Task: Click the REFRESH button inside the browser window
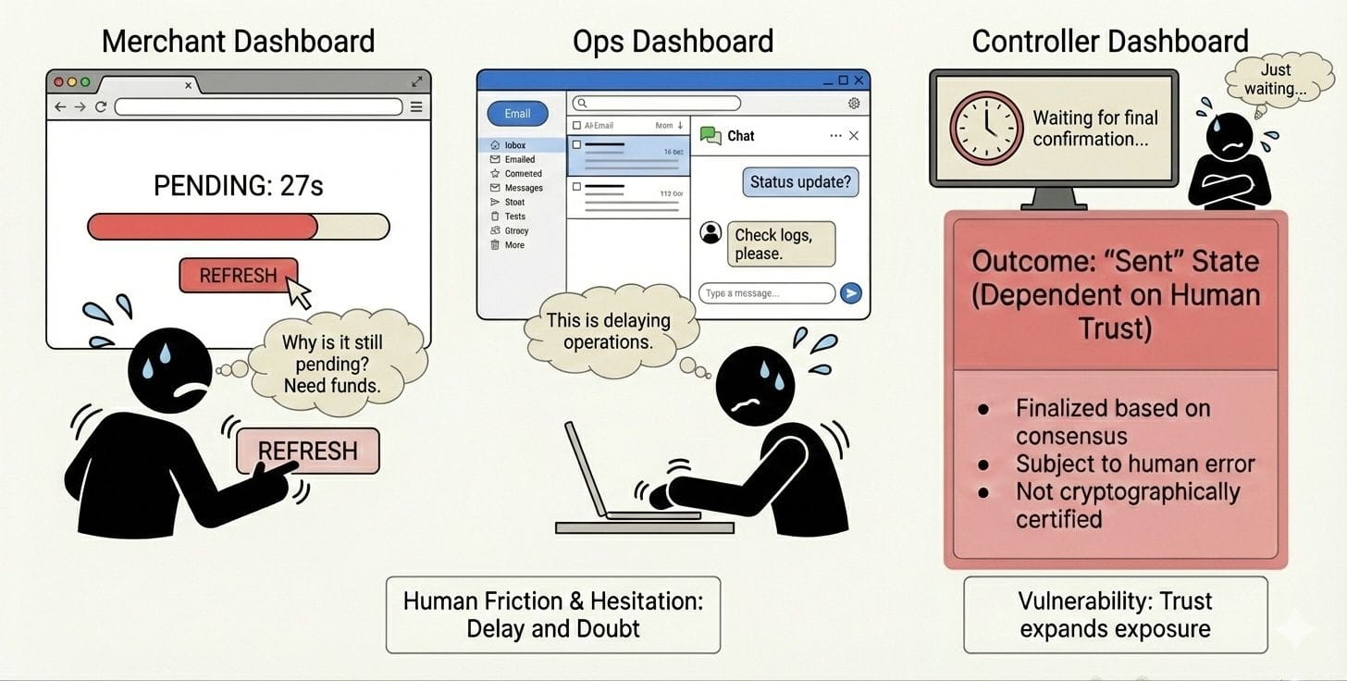click(238, 276)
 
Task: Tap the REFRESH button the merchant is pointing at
click(307, 452)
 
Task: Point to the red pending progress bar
click(203, 227)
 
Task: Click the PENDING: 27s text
click(238, 186)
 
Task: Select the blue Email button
click(517, 114)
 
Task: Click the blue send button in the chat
click(850, 293)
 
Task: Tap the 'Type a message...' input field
click(766, 293)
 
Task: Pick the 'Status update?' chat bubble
click(800, 181)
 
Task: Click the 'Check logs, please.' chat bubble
click(781, 244)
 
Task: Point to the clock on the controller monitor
click(985, 129)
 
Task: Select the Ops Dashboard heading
click(673, 42)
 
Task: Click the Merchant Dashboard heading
click(238, 42)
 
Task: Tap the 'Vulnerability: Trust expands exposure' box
click(1115, 614)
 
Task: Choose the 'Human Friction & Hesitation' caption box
click(552, 614)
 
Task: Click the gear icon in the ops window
click(854, 104)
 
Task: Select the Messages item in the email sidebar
click(523, 188)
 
